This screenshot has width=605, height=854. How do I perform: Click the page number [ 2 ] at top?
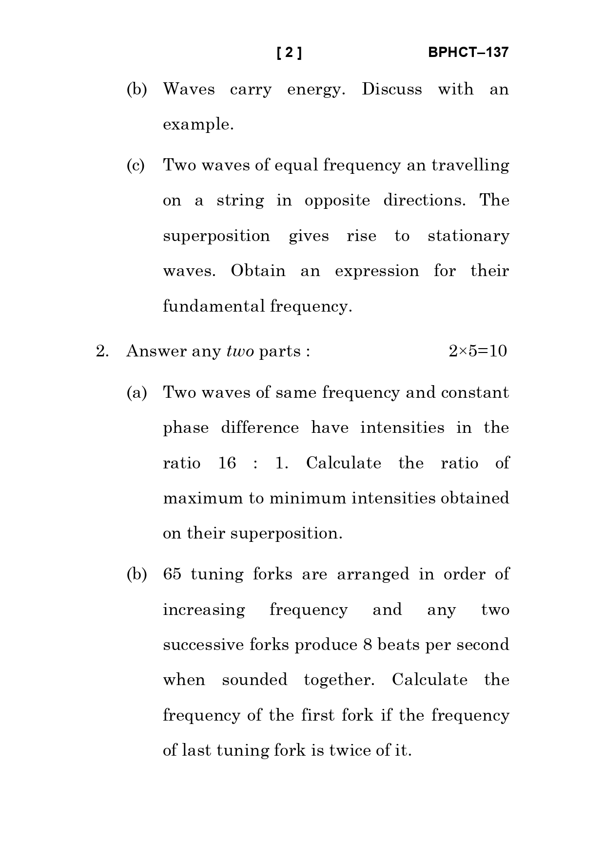click(x=289, y=53)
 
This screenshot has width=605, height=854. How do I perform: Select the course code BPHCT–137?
click(x=468, y=53)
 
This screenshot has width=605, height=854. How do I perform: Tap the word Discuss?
click(x=391, y=89)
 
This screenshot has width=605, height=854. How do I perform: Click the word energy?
click(x=315, y=90)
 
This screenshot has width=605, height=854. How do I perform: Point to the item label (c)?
click(x=136, y=166)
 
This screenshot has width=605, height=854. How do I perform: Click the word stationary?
click(x=468, y=236)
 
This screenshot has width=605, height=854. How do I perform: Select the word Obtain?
click(x=258, y=271)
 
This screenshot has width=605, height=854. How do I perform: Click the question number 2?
click(x=102, y=351)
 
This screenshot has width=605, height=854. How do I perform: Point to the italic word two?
click(x=240, y=351)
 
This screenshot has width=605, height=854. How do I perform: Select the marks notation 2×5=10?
click(x=477, y=351)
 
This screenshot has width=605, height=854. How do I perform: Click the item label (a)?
click(x=136, y=392)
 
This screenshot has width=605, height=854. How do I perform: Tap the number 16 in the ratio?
click(x=227, y=463)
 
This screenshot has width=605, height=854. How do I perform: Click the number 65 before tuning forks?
click(x=172, y=574)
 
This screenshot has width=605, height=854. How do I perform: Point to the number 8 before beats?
click(x=367, y=645)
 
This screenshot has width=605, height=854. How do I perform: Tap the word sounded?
click(x=254, y=680)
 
